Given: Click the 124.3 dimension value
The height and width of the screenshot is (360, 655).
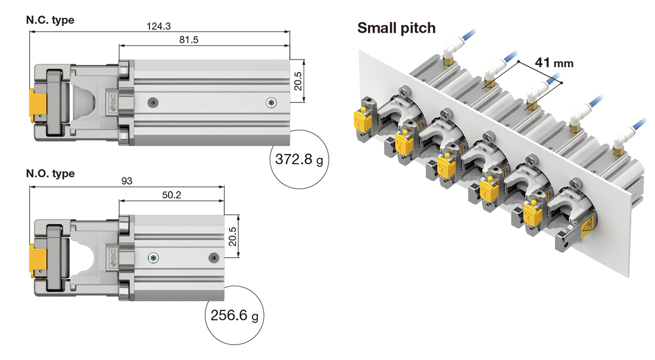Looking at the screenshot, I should [x=158, y=26].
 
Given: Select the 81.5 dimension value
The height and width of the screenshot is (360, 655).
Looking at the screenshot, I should [x=204, y=39].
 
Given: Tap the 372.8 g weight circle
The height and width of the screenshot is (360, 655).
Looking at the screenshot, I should [x=299, y=159].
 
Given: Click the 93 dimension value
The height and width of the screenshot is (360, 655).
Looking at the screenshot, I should [x=126, y=181].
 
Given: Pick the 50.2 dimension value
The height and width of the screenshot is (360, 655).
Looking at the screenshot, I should [x=171, y=195].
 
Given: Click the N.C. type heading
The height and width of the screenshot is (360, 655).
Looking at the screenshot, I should [x=50, y=20].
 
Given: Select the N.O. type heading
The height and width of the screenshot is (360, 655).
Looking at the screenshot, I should [x=51, y=174].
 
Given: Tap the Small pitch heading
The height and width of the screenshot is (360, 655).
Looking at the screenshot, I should [x=396, y=28].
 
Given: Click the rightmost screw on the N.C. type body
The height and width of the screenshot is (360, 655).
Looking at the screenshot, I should [x=272, y=102].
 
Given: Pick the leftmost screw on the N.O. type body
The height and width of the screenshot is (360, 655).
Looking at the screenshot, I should [x=154, y=258].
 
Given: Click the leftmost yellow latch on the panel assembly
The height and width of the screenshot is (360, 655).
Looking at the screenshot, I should [x=361, y=121].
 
